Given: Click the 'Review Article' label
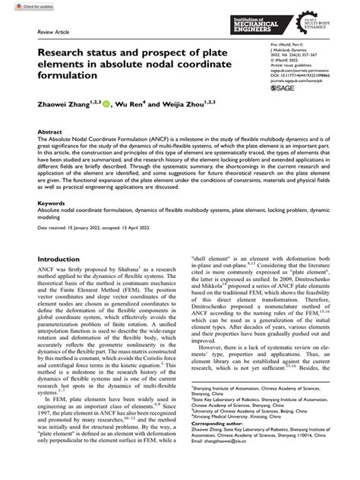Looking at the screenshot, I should (x=44, y=33).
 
